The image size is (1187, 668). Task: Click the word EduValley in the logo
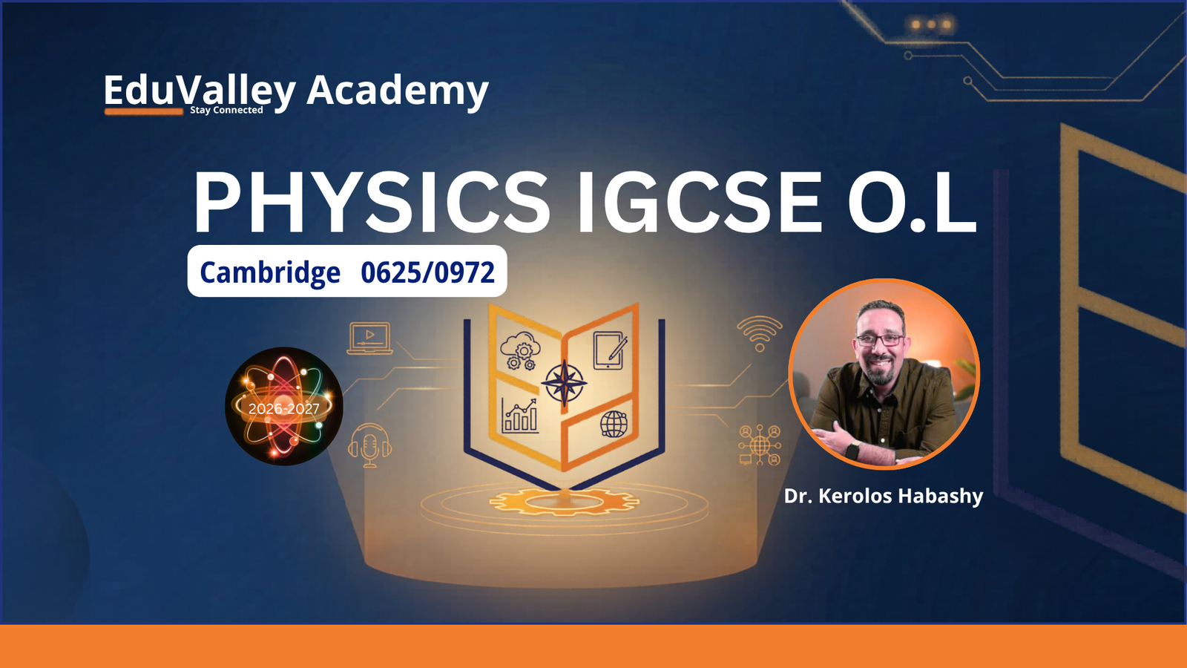tap(200, 91)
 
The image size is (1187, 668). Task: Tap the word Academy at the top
tap(398, 91)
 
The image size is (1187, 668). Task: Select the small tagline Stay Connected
tap(226, 111)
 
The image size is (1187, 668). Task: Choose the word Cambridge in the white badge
tap(270, 272)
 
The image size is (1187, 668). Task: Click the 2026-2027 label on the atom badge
tap(283, 409)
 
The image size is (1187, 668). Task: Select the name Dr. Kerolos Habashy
tap(884, 496)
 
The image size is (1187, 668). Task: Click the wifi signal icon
tap(760, 333)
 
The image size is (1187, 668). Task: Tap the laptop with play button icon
tap(370, 338)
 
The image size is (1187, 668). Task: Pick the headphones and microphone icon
tap(370, 445)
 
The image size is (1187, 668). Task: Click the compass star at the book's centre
tap(564, 383)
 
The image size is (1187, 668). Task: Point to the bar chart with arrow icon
tap(519, 416)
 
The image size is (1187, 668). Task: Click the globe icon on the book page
tap(614, 424)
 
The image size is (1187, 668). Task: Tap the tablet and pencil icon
tap(610, 350)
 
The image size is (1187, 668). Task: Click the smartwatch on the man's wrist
tap(852, 451)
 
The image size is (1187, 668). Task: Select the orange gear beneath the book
tap(564, 502)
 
